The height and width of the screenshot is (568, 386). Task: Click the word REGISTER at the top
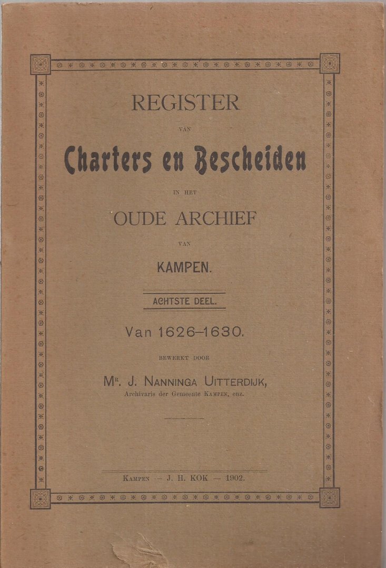(x=185, y=103)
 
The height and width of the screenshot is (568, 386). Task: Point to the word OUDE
(x=140, y=217)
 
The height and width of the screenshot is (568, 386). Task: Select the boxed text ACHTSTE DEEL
(x=184, y=302)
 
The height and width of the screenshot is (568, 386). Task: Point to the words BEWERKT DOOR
(x=184, y=358)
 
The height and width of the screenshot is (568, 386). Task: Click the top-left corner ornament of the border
(x=41, y=64)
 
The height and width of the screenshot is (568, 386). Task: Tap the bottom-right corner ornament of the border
(x=330, y=498)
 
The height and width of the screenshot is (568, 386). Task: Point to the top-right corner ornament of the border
(x=330, y=64)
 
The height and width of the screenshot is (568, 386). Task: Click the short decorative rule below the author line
(x=184, y=418)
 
